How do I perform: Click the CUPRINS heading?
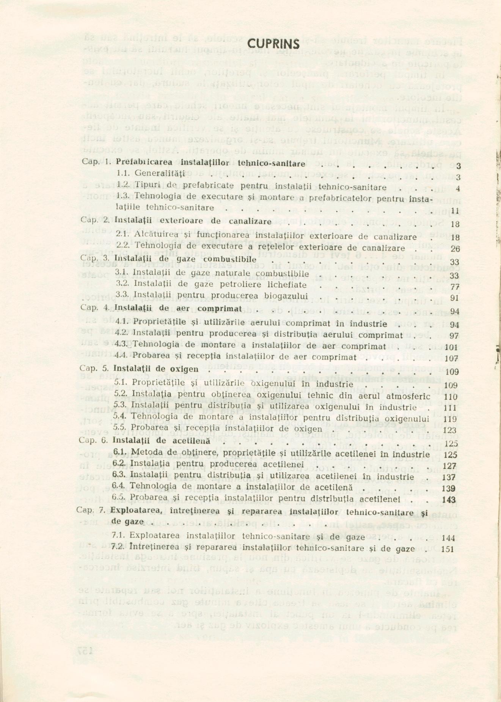273,44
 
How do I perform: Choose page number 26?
455,249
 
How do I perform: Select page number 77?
454,287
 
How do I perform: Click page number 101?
452,347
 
